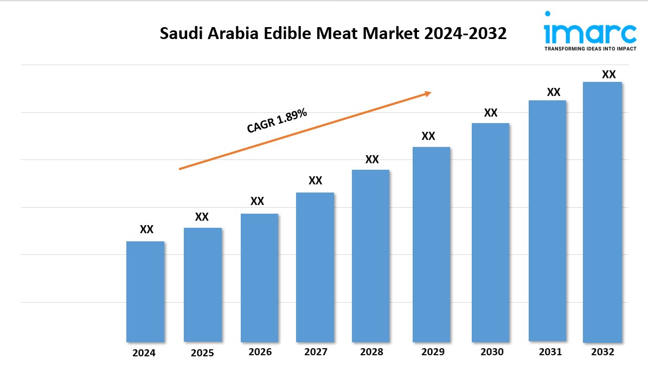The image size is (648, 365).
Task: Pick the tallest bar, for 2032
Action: (602, 212)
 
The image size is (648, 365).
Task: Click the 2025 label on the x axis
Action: (202, 353)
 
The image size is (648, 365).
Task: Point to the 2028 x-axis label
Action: (371, 352)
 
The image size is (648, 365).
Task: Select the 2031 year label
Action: (550, 352)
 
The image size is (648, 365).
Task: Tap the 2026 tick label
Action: (260, 352)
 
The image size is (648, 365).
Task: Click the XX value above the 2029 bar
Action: (428, 136)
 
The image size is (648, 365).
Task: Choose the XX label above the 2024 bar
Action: (146, 229)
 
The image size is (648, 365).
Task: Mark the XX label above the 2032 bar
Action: (609, 74)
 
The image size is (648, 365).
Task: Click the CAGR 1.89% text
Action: (277, 120)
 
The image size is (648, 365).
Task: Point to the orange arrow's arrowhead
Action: (428, 93)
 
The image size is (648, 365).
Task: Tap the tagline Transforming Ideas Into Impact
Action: (590, 49)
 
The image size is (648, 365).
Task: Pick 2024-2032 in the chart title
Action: (465, 34)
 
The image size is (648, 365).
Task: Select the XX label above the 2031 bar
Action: (553, 92)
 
